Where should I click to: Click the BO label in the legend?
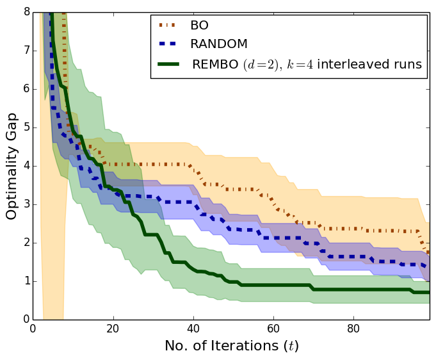(x=199, y=26)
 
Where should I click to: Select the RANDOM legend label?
(x=218, y=44)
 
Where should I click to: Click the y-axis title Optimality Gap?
(x=12, y=165)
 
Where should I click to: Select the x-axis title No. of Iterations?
(x=231, y=346)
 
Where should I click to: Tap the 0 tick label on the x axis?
(x=33, y=329)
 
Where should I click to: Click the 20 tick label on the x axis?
(x=113, y=329)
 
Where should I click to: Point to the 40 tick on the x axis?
(x=193, y=329)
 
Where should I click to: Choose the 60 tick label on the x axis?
(x=273, y=329)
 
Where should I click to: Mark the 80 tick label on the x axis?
(x=353, y=329)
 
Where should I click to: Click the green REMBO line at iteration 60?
(x=273, y=284)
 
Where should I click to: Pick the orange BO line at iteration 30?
(x=153, y=164)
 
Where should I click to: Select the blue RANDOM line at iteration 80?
(x=353, y=256)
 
